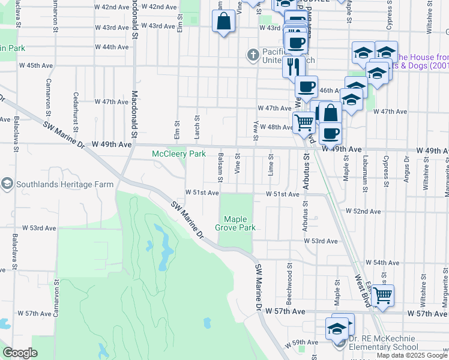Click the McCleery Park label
(x=179, y=154)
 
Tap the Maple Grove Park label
(x=240, y=223)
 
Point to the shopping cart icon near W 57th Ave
(x=382, y=295)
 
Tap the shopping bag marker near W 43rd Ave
(x=223, y=22)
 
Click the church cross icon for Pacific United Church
(x=253, y=55)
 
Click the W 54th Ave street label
(x=386, y=263)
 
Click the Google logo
(x=20, y=353)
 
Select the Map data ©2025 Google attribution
(x=412, y=355)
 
